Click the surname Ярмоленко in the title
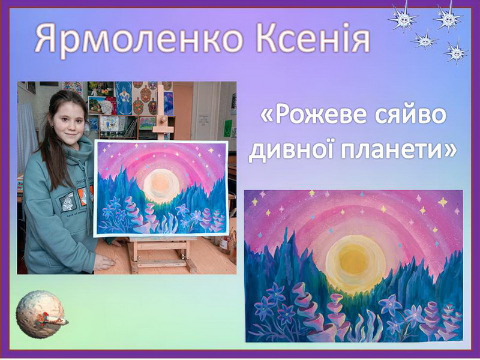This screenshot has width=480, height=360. pos(139,40)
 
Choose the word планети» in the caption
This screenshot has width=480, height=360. pos(398,150)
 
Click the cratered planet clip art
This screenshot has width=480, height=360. pos(39,314)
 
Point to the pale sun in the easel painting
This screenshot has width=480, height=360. pos(160,185)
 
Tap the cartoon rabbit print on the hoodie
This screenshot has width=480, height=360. pos(68,202)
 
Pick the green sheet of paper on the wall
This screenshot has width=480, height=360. pos(227,128)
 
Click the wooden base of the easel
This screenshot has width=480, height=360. pos(161,254)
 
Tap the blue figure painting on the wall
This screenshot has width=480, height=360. pos(124,98)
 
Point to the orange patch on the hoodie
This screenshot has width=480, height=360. pos(83,196)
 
